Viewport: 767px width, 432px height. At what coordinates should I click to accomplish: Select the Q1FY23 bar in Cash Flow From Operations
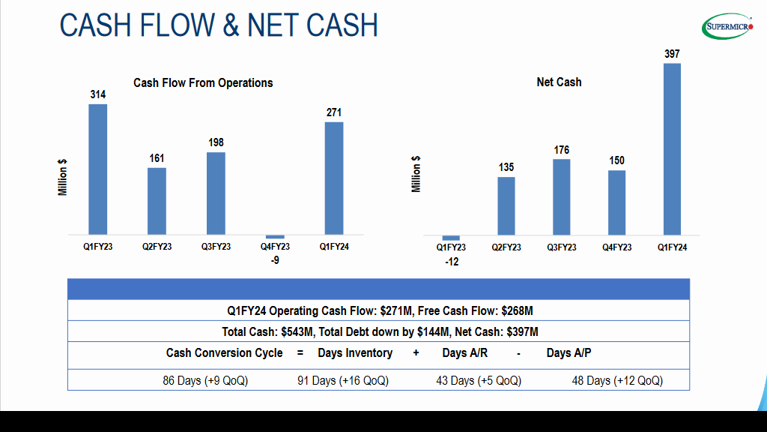pyautogui.click(x=98, y=169)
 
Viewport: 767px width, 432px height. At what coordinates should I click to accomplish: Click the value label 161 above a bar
pyautogui.click(x=157, y=158)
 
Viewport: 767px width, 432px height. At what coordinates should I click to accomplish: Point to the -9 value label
pyautogui.click(x=275, y=260)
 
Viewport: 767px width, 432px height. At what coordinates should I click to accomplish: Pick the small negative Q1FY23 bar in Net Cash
pyautogui.click(x=451, y=238)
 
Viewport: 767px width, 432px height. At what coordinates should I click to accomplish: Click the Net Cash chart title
pyautogui.click(x=559, y=82)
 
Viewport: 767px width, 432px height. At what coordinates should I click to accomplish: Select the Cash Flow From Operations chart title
pyautogui.click(x=203, y=82)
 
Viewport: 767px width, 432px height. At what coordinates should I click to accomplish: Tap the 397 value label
pyautogui.click(x=672, y=54)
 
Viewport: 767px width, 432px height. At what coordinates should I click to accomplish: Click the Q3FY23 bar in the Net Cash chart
pyautogui.click(x=562, y=196)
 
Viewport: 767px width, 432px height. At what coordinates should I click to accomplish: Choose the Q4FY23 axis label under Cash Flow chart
pyautogui.click(x=275, y=247)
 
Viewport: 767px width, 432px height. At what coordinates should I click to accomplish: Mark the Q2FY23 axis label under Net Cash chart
pyautogui.click(x=506, y=247)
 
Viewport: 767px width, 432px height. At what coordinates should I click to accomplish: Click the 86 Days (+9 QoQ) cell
pyautogui.click(x=205, y=380)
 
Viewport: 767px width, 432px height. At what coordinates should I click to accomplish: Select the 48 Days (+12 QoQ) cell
pyautogui.click(x=617, y=380)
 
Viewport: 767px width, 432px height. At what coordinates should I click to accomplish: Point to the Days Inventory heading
pyautogui.click(x=355, y=352)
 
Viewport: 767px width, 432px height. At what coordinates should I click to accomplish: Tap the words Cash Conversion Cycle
pyautogui.click(x=225, y=352)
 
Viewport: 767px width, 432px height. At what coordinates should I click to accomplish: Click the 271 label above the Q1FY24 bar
pyautogui.click(x=334, y=112)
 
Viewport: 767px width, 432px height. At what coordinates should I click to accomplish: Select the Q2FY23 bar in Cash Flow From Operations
pyautogui.click(x=157, y=201)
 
